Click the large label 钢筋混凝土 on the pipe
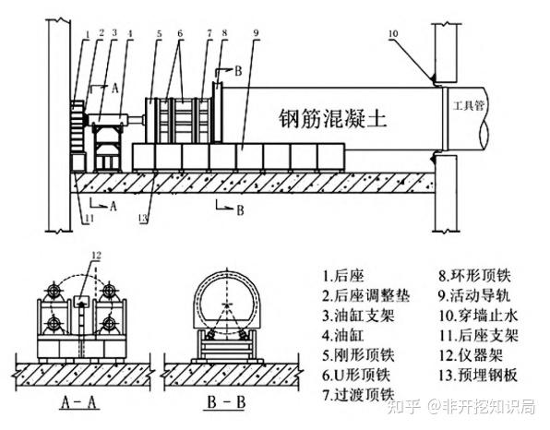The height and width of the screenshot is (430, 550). (332, 118)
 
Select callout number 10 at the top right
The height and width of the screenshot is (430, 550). (393, 33)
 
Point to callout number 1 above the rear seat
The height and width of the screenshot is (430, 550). (88, 35)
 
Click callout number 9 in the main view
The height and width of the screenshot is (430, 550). (256, 33)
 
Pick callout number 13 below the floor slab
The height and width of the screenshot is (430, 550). (143, 218)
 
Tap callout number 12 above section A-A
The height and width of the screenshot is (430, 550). (96, 256)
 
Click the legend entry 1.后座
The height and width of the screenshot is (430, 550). (343, 276)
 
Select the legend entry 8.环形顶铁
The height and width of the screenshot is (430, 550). (474, 276)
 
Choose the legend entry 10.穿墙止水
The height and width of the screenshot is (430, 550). (478, 316)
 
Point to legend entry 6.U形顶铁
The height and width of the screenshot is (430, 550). (356, 376)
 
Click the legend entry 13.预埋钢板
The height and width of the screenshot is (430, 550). (478, 376)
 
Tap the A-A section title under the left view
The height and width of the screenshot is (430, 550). (78, 402)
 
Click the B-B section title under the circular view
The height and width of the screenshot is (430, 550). (226, 402)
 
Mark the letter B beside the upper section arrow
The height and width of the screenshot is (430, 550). (238, 71)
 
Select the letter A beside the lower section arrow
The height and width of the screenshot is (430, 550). (113, 206)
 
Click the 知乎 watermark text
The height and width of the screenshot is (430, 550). (403, 407)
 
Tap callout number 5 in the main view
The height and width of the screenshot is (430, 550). (160, 33)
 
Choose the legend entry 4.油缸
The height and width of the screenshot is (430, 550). (343, 336)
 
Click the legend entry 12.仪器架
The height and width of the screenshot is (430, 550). (471, 355)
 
